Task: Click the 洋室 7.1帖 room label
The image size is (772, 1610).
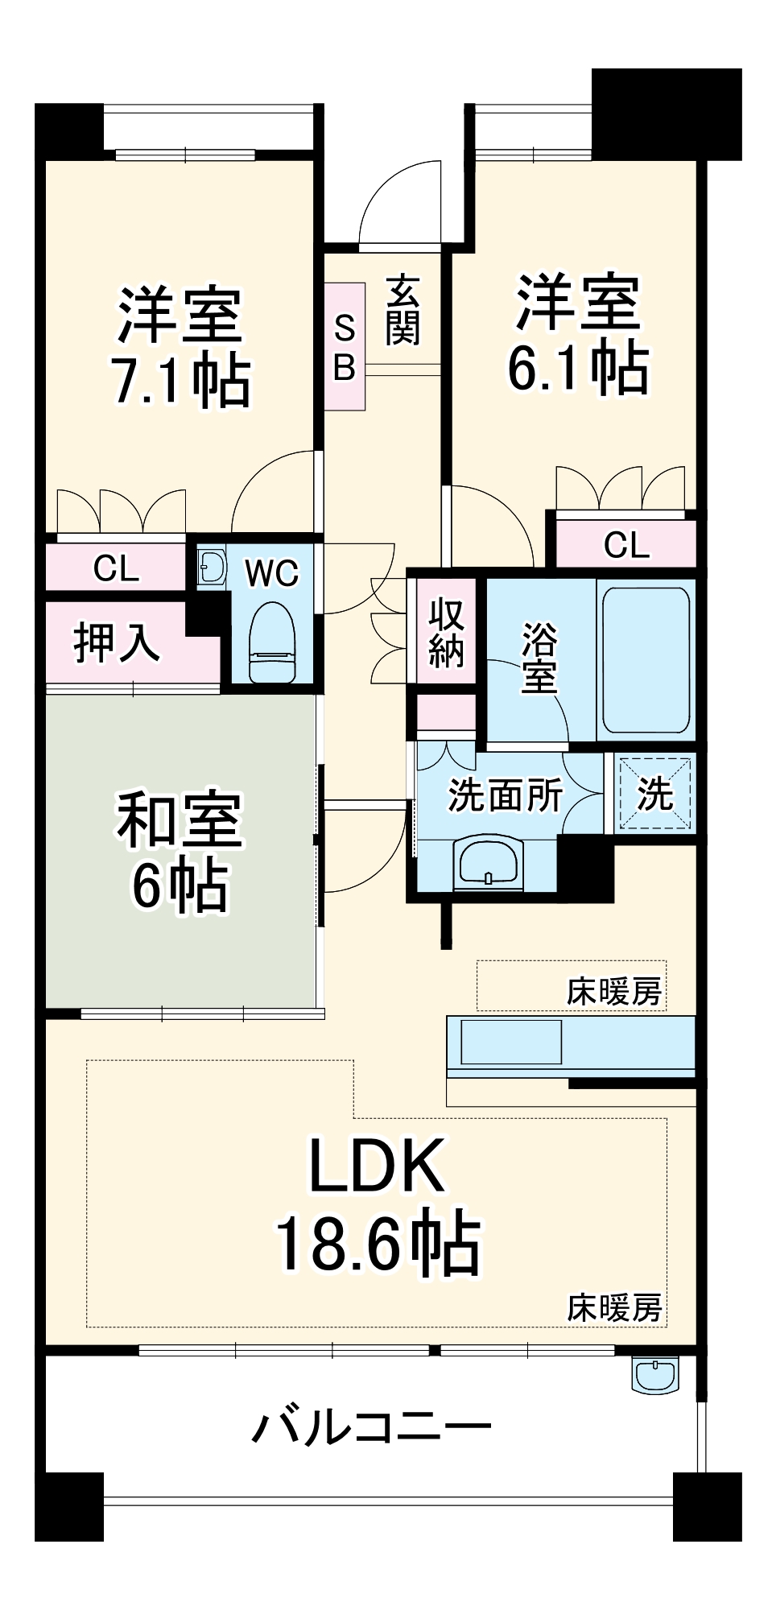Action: tap(180, 346)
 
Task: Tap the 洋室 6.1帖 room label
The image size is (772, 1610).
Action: tap(577, 334)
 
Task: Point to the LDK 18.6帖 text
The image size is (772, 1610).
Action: tap(377, 1203)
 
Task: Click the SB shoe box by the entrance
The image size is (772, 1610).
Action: tap(345, 347)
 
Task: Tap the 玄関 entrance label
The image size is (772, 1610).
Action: tap(402, 311)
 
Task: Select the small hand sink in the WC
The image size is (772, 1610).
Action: tap(212, 568)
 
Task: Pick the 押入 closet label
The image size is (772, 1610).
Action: tap(118, 642)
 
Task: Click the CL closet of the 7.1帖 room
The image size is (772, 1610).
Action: tap(116, 568)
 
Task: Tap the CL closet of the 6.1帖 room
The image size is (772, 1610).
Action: tap(626, 545)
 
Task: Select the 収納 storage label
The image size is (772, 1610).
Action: tap(445, 633)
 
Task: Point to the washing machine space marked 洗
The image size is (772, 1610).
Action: tap(654, 794)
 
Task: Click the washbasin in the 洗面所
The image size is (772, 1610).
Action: tap(488, 864)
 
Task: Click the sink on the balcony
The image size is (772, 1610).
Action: tap(655, 1375)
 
